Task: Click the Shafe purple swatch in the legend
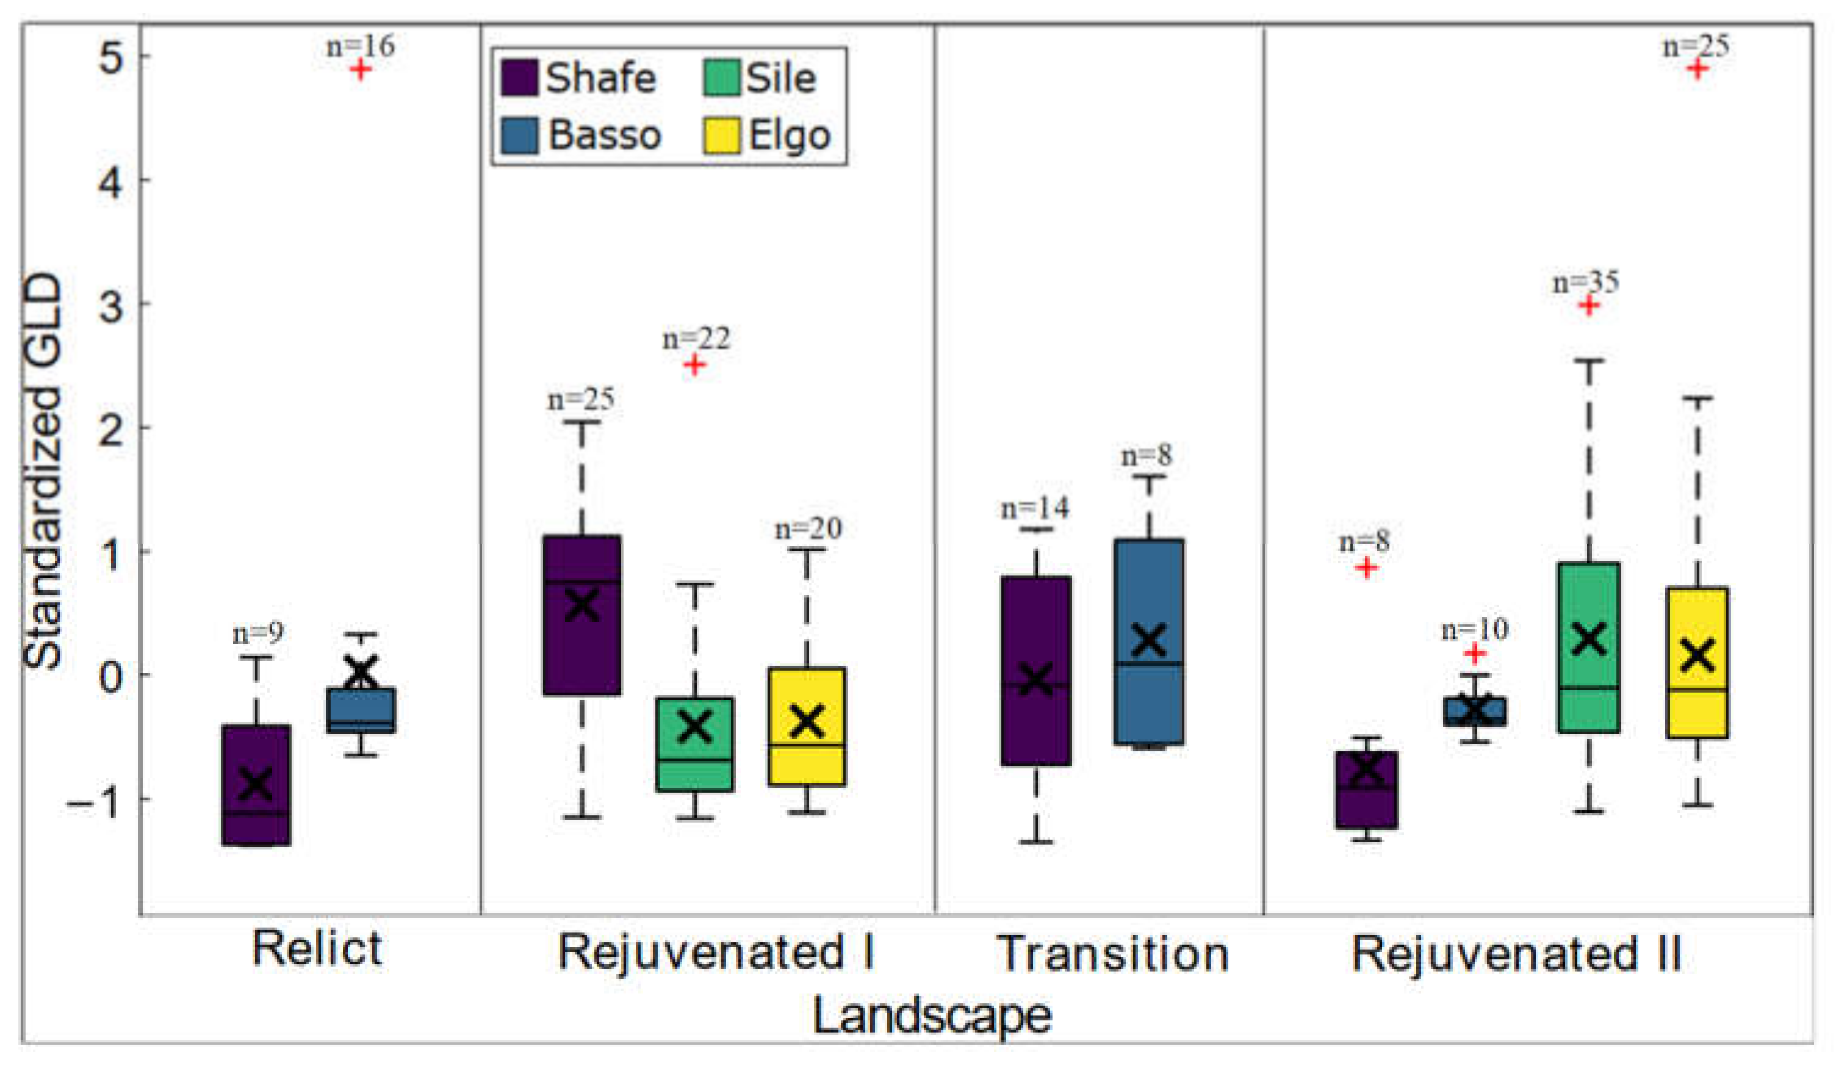(519, 78)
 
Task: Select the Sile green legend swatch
(721, 78)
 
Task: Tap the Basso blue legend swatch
(519, 135)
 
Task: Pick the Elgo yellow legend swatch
(721, 135)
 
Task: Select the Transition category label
(1112, 953)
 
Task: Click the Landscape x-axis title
(932, 1015)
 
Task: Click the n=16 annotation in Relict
(360, 46)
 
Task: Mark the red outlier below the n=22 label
(694, 364)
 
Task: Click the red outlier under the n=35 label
(1589, 305)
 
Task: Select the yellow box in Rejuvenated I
(807, 726)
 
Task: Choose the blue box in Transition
(1149, 641)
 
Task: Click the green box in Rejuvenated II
(1589, 647)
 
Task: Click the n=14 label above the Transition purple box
(1035, 508)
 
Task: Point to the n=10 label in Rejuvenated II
(1475, 630)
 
